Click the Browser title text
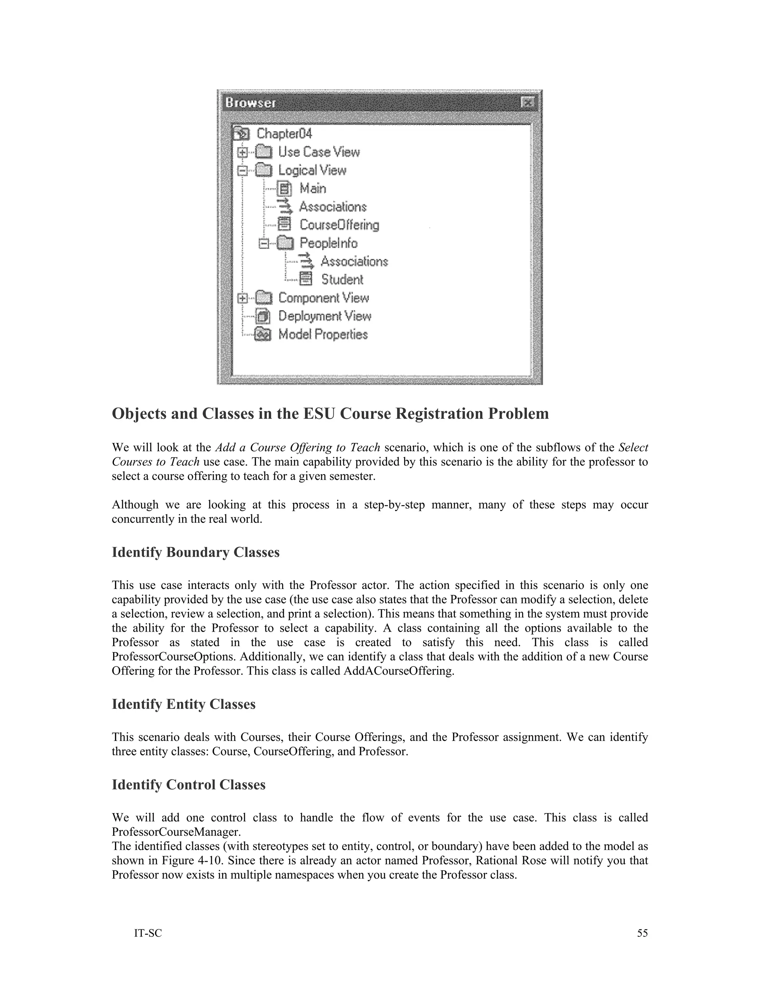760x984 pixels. pyautogui.click(x=250, y=103)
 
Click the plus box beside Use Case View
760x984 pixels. pyautogui.click(x=242, y=152)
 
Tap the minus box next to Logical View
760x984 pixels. pyautogui.click(x=242, y=170)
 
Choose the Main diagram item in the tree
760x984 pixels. pyautogui.click(x=312, y=188)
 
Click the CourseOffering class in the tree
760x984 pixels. pyautogui.click(x=339, y=225)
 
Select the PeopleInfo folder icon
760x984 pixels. pyautogui.click(x=285, y=243)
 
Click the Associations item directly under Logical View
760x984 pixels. pyautogui.click(x=333, y=207)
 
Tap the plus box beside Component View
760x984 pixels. pyautogui.click(x=242, y=298)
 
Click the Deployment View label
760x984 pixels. pyautogui.click(x=325, y=316)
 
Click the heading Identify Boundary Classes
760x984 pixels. pyautogui.click(x=196, y=553)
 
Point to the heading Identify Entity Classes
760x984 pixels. pyautogui.click(x=183, y=704)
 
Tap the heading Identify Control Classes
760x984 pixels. pyautogui.click(x=188, y=785)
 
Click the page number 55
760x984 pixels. pyautogui.click(x=642, y=933)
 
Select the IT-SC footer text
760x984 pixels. pyautogui.click(x=148, y=933)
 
